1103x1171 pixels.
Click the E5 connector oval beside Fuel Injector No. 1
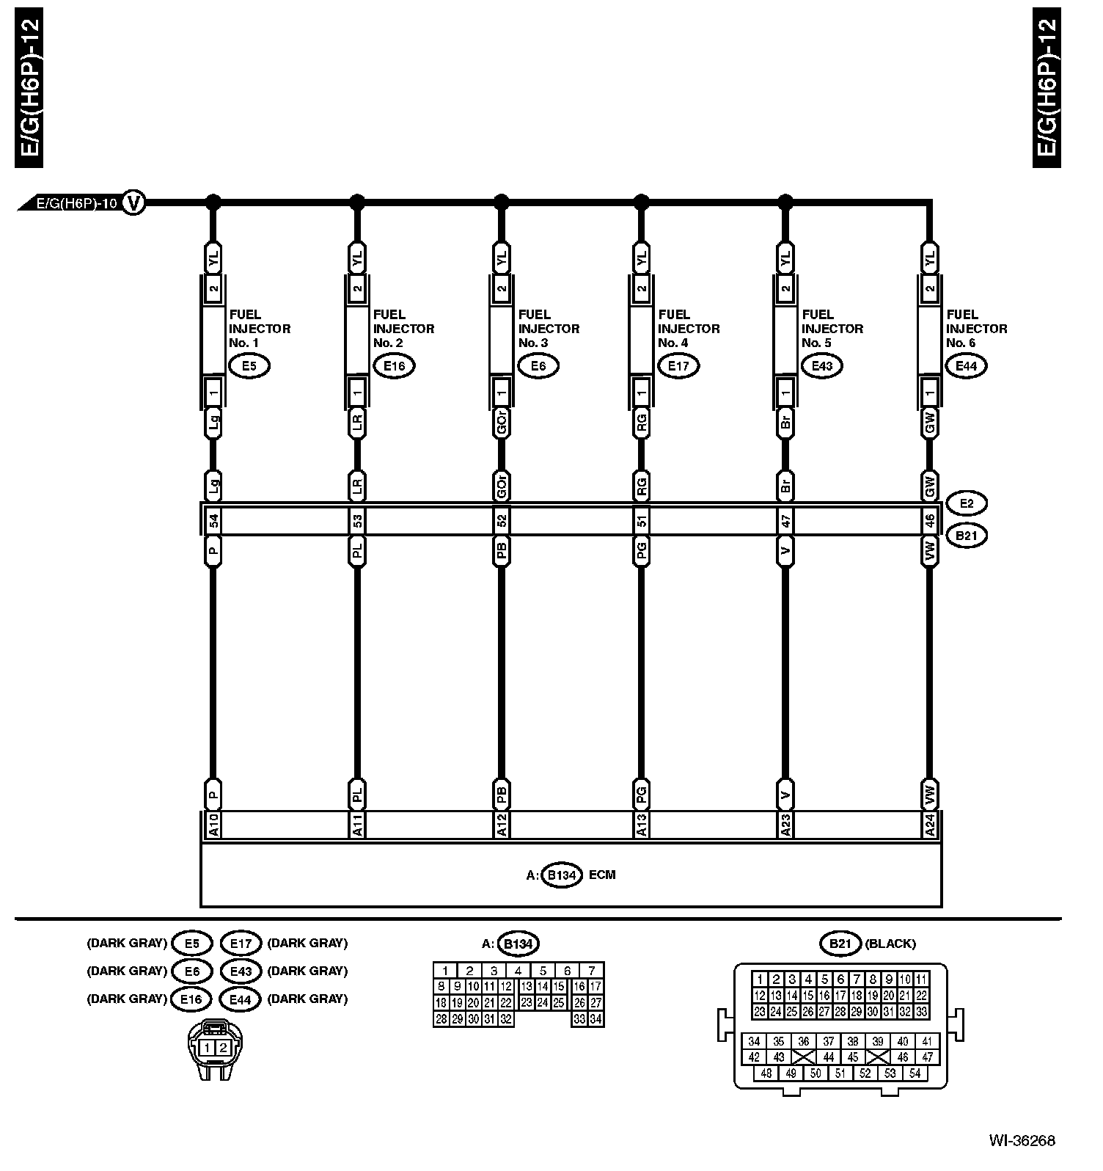point(249,365)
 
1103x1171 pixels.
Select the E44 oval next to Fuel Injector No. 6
point(966,365)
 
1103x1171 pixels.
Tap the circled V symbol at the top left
point(133,201)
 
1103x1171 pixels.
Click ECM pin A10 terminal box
point(213,825)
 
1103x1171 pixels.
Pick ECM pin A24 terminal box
point(929,825)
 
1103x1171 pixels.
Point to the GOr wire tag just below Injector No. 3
point(502,423)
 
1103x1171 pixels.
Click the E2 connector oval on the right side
point(966,503)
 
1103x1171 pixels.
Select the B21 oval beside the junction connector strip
point(966,536)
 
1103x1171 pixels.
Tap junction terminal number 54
point(213,521)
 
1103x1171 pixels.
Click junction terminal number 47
point(785,521)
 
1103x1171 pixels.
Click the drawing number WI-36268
point(1022,1140)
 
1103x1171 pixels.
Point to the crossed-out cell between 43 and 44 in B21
point(804,1057)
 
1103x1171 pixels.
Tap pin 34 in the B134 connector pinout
point(596,1019)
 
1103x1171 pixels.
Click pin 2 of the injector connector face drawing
point(223,1048)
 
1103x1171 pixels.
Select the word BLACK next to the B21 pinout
point(890,944)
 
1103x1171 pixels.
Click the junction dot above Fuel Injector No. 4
point(642,200)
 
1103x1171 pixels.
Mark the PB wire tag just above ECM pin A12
point(502,793)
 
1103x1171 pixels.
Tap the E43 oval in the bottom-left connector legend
point(241,971)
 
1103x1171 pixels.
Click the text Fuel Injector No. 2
point(403,329)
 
